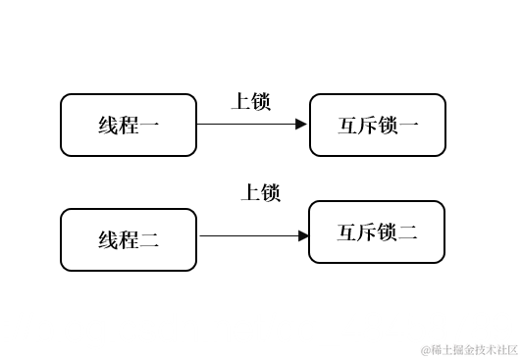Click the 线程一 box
129,125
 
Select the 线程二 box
129,238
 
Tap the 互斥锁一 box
378,125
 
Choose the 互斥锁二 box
377,232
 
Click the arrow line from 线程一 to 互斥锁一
245,125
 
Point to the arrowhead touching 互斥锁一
302,125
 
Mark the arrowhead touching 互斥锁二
303,235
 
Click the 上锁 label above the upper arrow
250,101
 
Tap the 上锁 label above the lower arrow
261,192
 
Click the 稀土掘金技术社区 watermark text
475,349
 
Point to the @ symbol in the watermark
426,349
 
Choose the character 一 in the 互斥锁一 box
409,126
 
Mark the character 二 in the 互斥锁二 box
408,233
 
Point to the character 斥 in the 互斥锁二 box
367,233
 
